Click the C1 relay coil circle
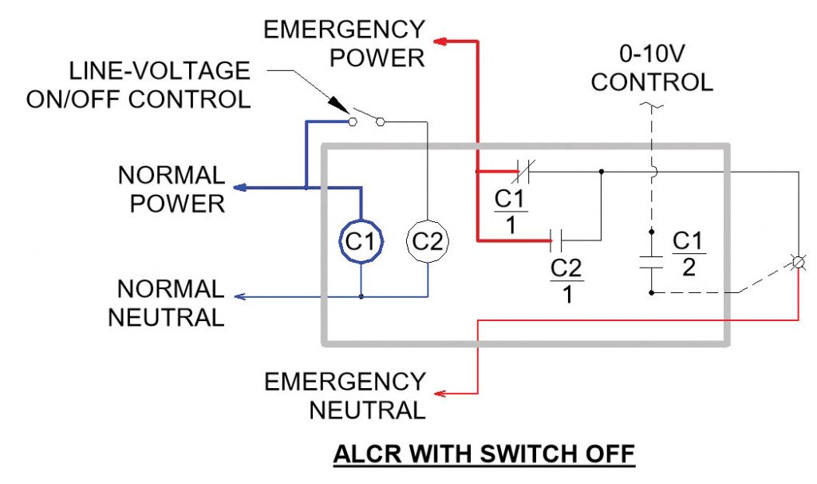coord(361,240)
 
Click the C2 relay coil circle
coord(428,240)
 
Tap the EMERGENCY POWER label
coord(344,44)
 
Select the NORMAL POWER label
coord(171,188)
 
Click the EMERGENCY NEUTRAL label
coord(345,395)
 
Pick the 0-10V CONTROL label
coord(652,68)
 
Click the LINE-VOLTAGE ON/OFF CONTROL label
coord(137,85)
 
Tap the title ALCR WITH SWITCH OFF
coord(483,454)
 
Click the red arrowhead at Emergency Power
coord(440,40)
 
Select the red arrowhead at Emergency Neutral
coord(440,393)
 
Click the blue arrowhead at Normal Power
coord(242,188)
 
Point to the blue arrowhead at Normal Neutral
coord(242,296)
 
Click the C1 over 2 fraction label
coord(689,253)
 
